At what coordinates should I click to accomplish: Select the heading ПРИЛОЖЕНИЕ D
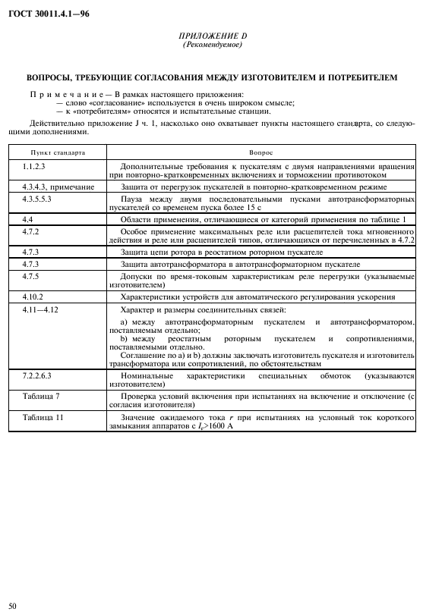pyautogui.click(x=212, y=36)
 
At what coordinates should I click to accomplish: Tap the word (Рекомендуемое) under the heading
pyautogui.click(x=212, y=45)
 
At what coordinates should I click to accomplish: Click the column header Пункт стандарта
pyautogui.click(x=53, y=152)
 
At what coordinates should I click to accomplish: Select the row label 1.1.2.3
pyautogui.click(x=35, y=165)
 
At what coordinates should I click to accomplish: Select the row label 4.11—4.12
pyautogui.click(x=40, y=309)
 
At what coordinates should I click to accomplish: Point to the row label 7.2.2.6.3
pyautogui.click(x=39, y=375)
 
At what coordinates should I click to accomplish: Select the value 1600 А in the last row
pyautogui.click(x=219, y=427)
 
